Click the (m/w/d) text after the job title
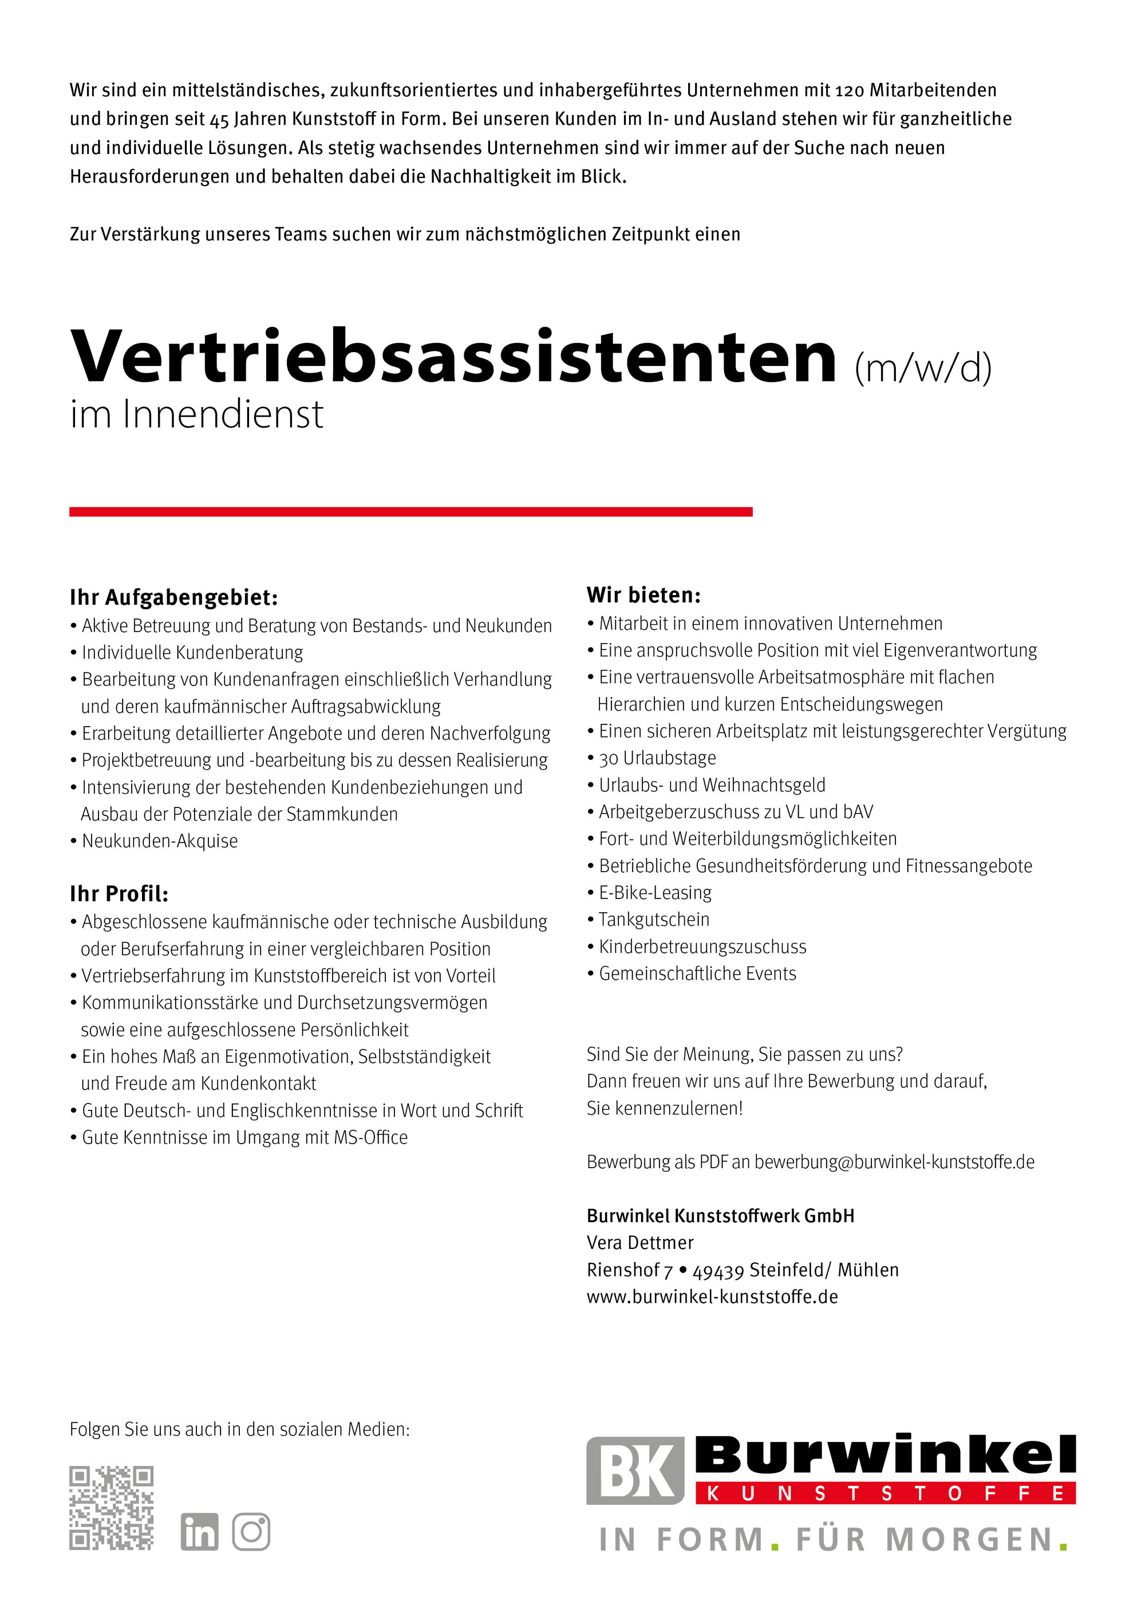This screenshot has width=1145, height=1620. (923, 368)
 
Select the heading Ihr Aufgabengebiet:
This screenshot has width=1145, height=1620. (173, 598)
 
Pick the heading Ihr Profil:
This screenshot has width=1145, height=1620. (119, 894)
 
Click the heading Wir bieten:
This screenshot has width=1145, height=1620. (643, 595)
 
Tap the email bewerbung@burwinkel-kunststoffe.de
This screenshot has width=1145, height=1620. (894, 1161)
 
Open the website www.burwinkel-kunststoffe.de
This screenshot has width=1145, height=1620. (712, 1296)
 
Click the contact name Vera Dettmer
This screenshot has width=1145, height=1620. (640, 1243)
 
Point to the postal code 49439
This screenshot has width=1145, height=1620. (717, 1271)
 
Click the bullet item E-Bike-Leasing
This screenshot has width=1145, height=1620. (655, 893)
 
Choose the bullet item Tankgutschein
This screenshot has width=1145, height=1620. (654, 919)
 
